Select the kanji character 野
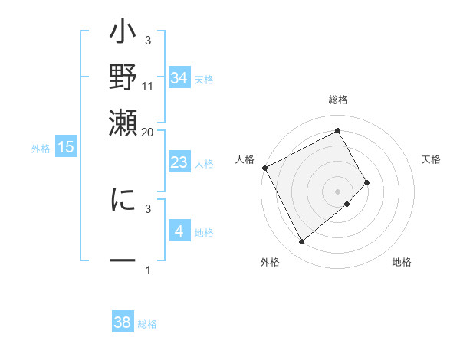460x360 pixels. (x=123, y=78)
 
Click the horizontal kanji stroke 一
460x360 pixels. (x=123, y=261)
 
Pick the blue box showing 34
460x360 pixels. (x=179, y=79)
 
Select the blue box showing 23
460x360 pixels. (x=179, y=162)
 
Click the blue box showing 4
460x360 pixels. (x=179, y=231)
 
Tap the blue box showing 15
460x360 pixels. (x=66, y=148)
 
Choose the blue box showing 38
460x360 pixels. (x=123, y=322)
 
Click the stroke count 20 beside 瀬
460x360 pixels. (x=148, y=132)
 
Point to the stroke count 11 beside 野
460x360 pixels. (x=148, y=85)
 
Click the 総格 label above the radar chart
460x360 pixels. (x=338, y=100)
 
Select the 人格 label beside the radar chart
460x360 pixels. (x=245, y=159)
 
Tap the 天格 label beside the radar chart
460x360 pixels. (x=432, y=159)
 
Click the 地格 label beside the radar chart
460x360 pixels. (x=402, y=262)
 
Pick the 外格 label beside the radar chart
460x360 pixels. (x=270, y=262)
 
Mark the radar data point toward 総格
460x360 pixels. (x=338, y=131)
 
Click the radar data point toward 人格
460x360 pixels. (x=264, y=168)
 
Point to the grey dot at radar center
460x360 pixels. (x=338, y=191)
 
